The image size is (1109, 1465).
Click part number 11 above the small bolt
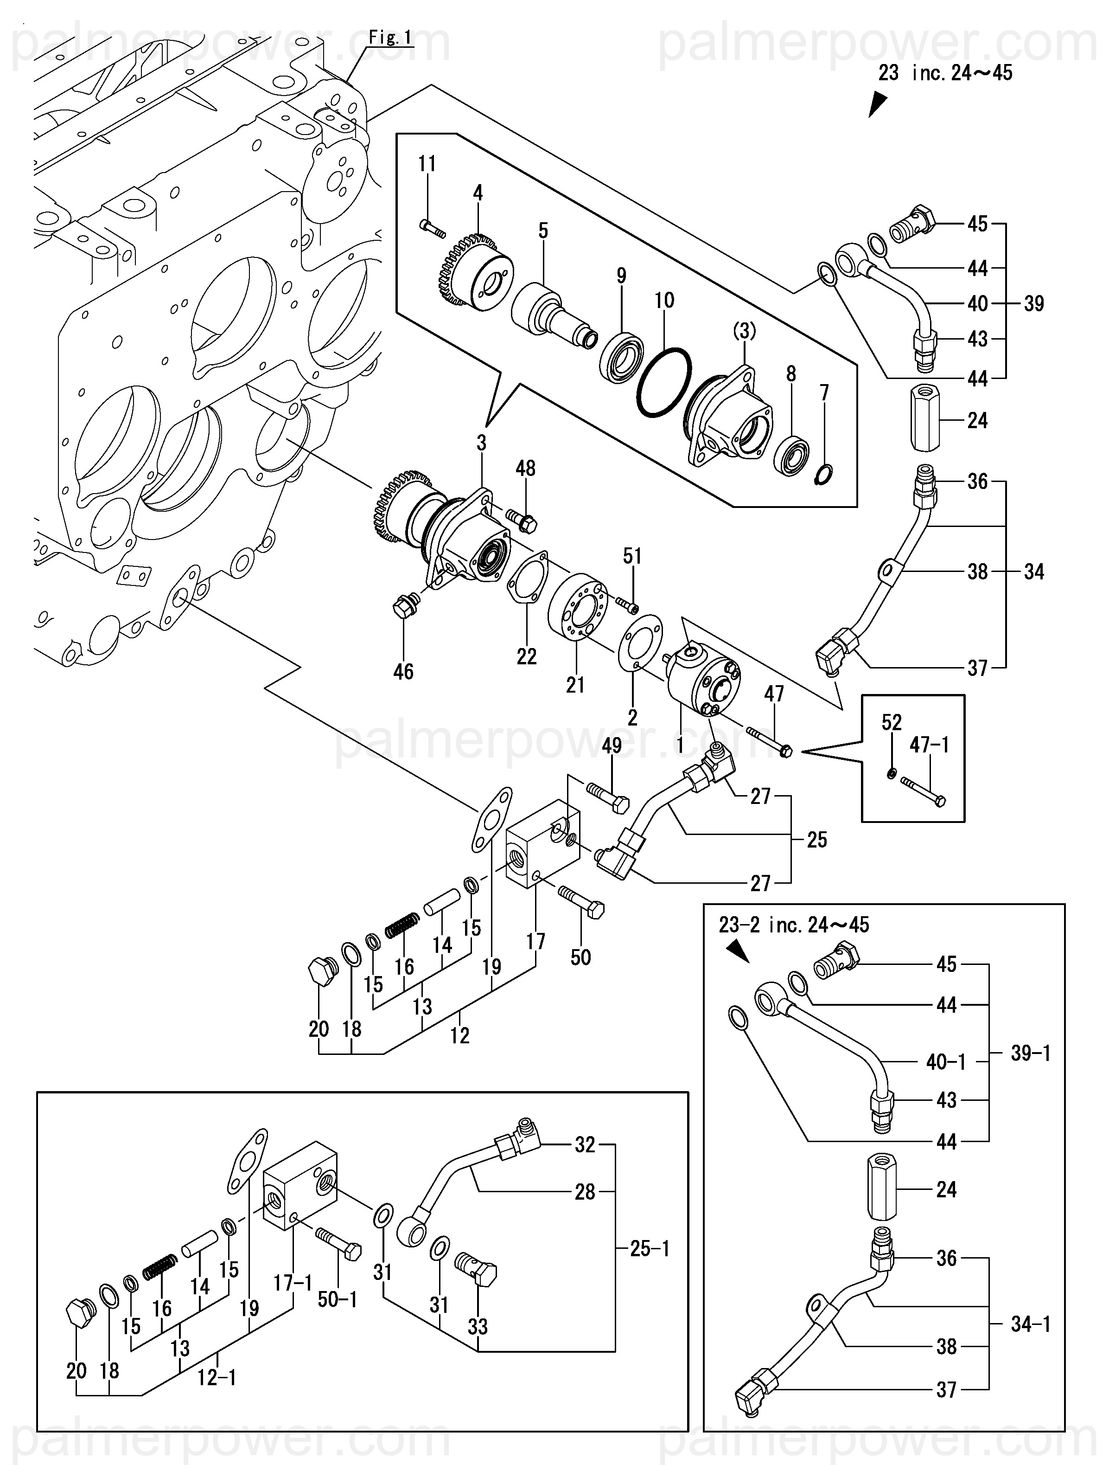click(x=427, y=164)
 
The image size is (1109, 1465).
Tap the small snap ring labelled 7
click(x=824, y=474)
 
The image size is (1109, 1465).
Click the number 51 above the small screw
click(x=632, y=556)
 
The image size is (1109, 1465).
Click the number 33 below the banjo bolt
click(x=478, y=1327)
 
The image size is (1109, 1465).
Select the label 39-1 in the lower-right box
click(x=1030, y=1053)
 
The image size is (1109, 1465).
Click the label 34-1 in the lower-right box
click(x=1030, y=1324)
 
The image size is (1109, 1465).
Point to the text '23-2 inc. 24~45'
click(x=794, y=925)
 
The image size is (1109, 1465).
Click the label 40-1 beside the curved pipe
click(x=945, y=1062)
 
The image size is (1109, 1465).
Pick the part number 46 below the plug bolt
click(x=403, y=672)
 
